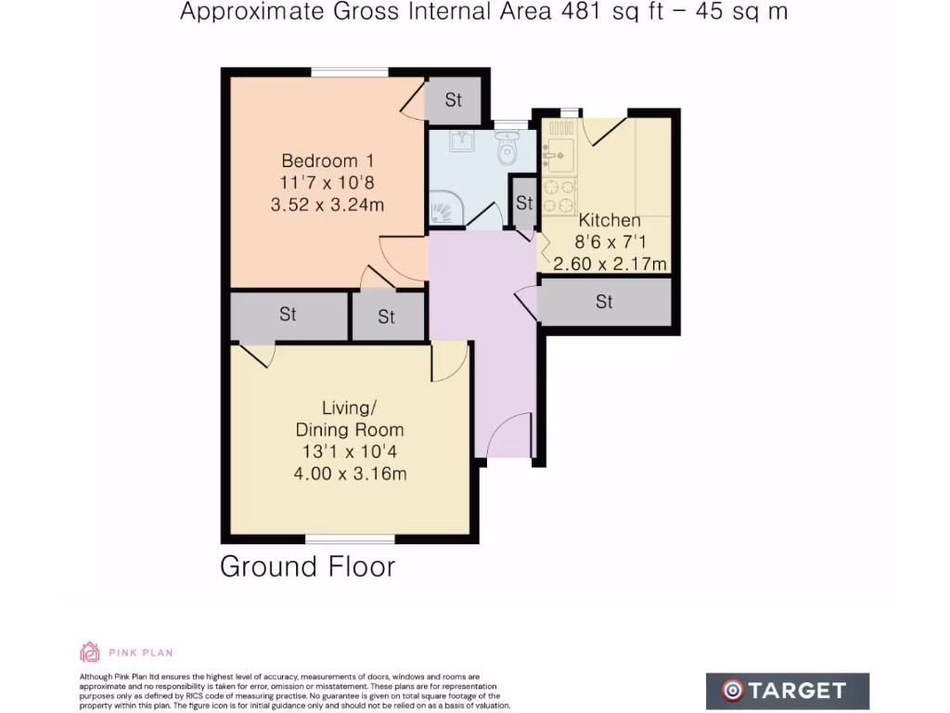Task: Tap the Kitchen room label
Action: [x=610, y=221]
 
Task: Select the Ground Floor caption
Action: [x=307, y=566]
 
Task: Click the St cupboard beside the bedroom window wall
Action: [x=453, y=100]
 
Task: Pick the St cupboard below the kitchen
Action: [x=604, y=302]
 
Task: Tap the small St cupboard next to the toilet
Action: [x=524, y=202]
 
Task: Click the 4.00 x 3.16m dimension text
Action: [x=350, y=473]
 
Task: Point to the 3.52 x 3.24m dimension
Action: [x=327, y=205]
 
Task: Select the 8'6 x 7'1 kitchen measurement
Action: [x=610, y=242]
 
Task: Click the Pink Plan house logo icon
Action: [x=90, y=652]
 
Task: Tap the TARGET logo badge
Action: [x=787, y=690]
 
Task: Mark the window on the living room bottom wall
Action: [x=349, y=538]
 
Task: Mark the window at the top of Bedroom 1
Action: [x=349, y=71]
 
